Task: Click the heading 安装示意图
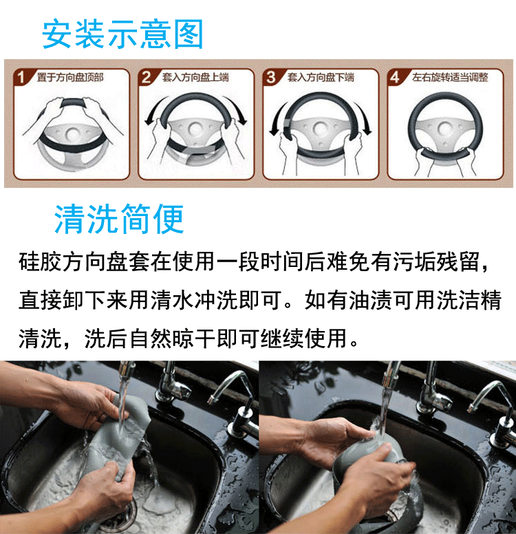pos(122,34)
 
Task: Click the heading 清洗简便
pos(119,219)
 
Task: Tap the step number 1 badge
pos(21,77)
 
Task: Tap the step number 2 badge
pos(147,77)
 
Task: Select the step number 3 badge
pos(271,77)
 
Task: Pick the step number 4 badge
pos(395,77)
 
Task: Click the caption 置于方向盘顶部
pos(70,78)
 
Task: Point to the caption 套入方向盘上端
pos(195,78)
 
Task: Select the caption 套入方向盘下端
pos(321,78)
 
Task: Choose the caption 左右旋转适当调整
pos(450,78)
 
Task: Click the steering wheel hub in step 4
pos(445,129)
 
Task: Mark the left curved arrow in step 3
pos(278,118)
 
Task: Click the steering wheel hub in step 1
pos(73,133)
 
